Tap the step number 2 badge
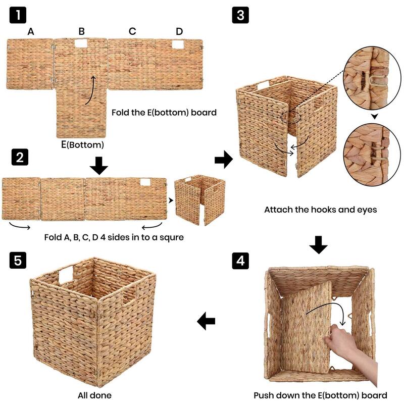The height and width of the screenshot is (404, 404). [18, 158]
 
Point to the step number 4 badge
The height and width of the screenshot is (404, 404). [240, 261]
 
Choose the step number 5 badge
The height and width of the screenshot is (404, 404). [18, 261]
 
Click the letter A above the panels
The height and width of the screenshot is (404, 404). [31, 31]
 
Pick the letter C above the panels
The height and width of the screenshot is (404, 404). [132, 31]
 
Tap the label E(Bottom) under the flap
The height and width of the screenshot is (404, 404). [82, 145]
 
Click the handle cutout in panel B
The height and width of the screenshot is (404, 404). [81, 44]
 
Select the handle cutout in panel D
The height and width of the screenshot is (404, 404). [178, 45]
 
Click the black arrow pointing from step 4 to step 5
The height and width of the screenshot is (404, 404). [206, 321]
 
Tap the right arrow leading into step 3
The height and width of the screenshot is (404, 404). [223, 161]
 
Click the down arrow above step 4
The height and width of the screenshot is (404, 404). [318, 244]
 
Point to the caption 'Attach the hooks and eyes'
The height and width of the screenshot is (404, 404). [320, 209]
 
